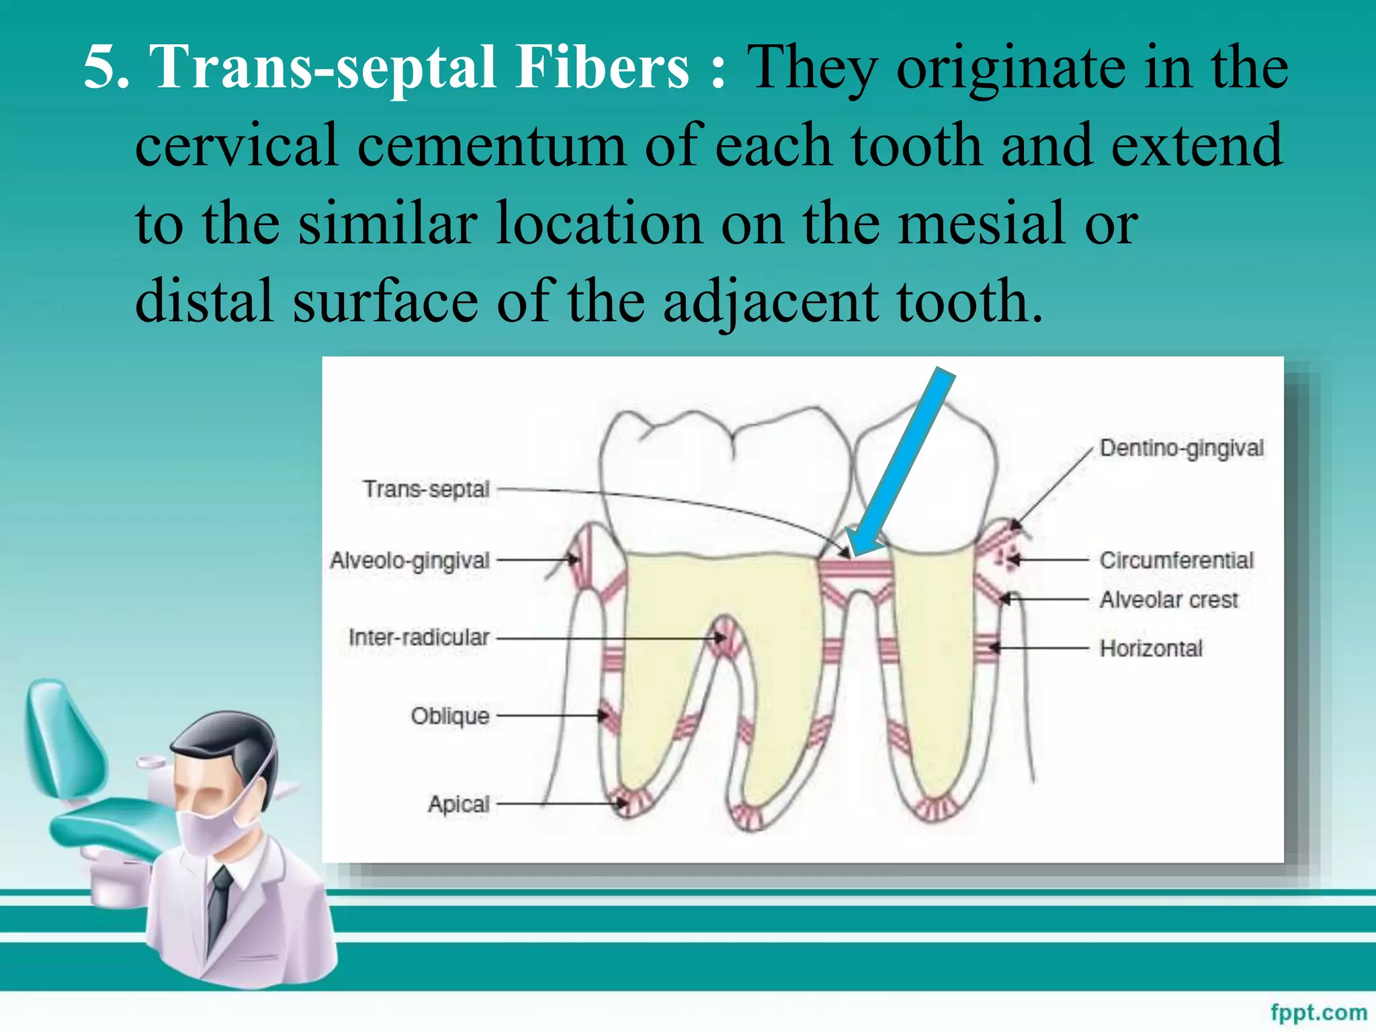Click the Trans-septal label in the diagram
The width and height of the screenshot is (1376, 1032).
pos(426,490)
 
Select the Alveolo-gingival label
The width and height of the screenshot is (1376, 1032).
pos(409,560)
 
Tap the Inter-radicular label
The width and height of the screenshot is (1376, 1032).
pos(419,638)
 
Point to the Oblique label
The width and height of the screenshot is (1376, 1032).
pos(449,716)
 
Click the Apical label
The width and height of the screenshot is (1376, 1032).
pos(459,804)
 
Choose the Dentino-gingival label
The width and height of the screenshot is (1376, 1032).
pos(1181,448)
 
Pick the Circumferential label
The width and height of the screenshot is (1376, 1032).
pos(1176,560)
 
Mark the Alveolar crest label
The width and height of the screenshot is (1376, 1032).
pos(1168,599)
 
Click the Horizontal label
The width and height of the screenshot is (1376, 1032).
pos(1151,648)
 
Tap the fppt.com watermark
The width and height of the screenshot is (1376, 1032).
pos(1318,1012)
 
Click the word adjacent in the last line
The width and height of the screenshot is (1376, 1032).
pos(770,302)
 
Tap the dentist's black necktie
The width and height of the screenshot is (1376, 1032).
pos(219,907)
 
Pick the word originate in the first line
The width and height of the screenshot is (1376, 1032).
pos(1011,67)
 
